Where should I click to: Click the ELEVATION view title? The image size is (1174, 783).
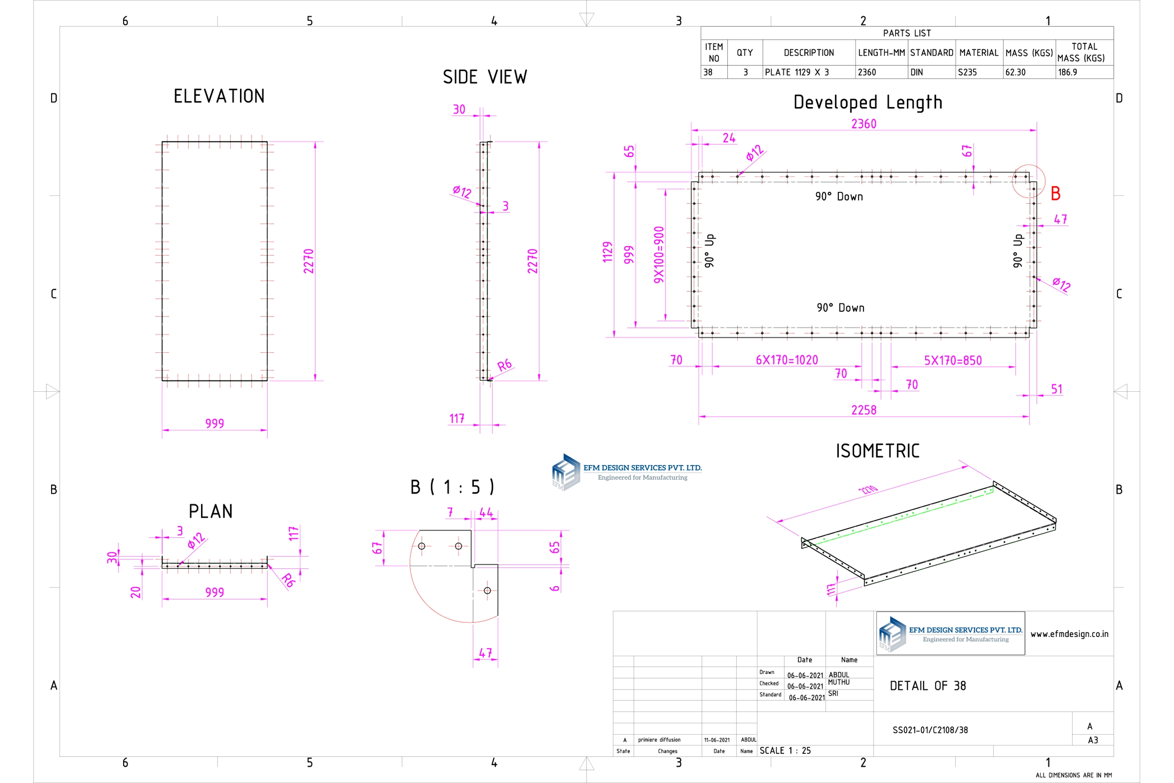(x=219, y=96)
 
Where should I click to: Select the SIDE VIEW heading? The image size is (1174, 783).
(x=485, y=78)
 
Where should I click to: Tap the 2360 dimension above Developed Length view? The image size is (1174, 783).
(x=864, y=124)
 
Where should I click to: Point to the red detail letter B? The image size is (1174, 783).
(x=1055, y=194)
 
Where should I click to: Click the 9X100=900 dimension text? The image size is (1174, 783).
(x=659, y=255)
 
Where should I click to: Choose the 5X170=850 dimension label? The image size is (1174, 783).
(x=952, y=361)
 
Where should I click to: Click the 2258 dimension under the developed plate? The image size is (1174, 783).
(x=864, y=410)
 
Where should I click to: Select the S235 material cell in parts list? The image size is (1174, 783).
(x=967, y=72)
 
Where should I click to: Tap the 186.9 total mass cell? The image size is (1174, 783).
(x=1067, y=72)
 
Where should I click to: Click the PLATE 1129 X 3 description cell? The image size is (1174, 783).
(x=796, y=72)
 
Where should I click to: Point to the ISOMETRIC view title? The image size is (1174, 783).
(x=878, y=451)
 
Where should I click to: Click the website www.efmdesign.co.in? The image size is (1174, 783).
(x=1069, y=634)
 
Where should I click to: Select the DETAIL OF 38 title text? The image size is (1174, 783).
(x=927, y=686)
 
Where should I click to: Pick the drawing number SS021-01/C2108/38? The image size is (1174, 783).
(x=930, y=730)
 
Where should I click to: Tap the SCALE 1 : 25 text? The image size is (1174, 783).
(x=785, y=751)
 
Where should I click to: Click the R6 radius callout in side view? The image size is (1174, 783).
(x=505, y=365)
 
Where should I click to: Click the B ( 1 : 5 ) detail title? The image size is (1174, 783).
(x=452, y=487)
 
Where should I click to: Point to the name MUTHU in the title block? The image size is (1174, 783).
(x=839, y=682)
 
